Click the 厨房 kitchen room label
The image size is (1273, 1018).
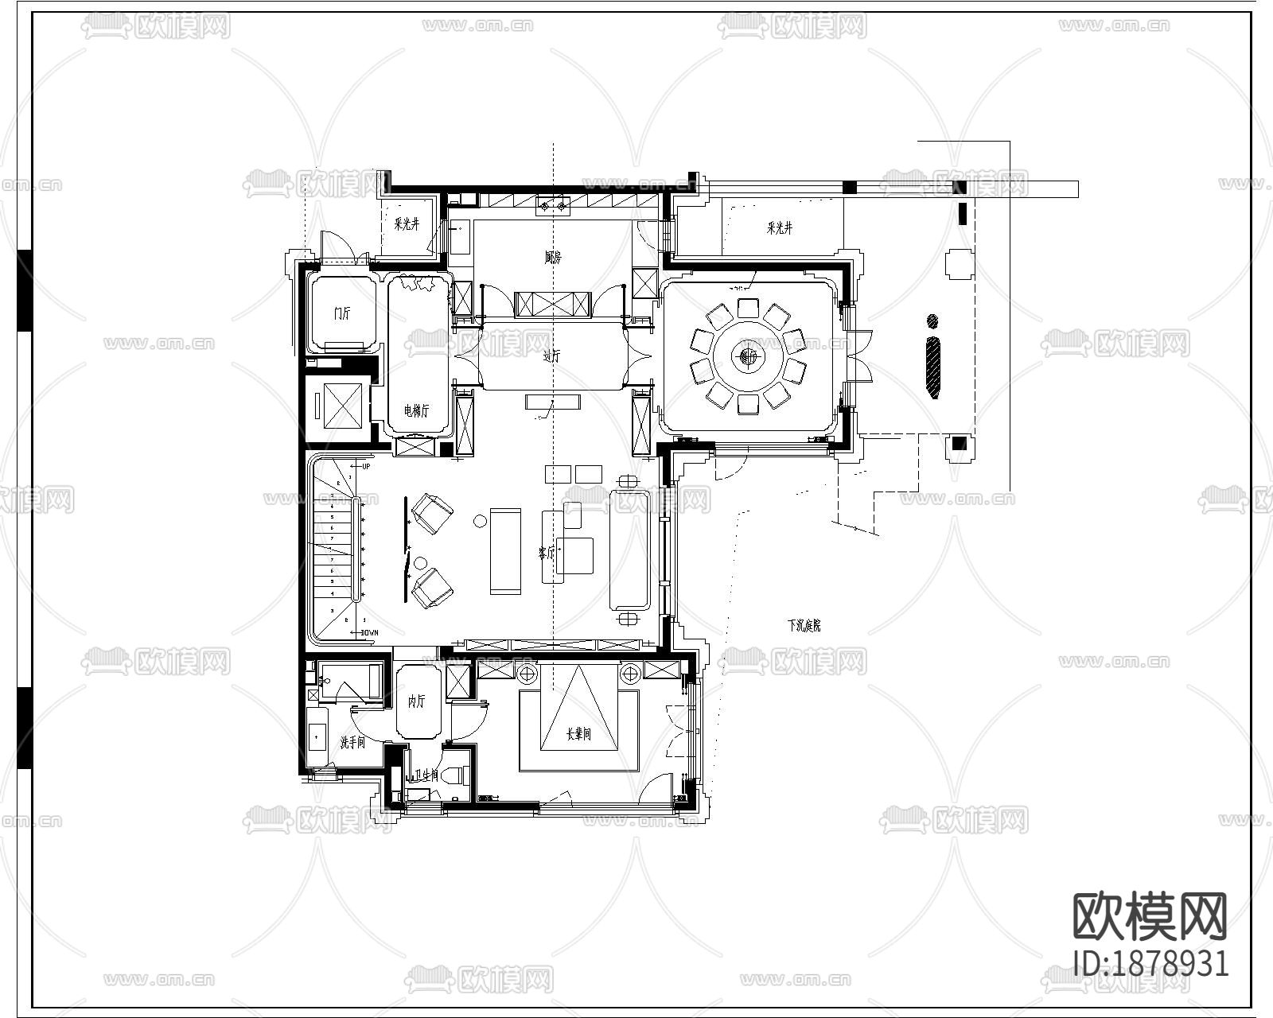click(553, 258)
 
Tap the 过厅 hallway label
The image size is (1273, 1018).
click(551, 356)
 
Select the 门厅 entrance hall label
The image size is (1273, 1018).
click(342, 313)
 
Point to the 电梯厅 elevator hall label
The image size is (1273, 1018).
click(416, 410)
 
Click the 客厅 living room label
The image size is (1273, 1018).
click(546, 552)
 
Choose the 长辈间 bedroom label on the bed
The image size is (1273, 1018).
click(578, 734)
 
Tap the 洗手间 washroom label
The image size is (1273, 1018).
click(352, 743)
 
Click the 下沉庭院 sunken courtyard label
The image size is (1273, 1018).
click(804, 626)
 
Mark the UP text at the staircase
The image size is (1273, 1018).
click(366, 466)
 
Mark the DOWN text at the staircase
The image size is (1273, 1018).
click(368, 632)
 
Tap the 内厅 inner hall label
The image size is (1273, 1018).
click(416, 701)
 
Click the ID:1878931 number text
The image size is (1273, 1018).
click(1150, 963)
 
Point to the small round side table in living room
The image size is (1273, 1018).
click(480, 521)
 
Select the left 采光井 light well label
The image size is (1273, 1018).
click(406, 224)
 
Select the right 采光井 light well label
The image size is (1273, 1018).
click(779, 228)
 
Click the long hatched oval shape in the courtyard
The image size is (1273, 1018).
click(933, 368)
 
